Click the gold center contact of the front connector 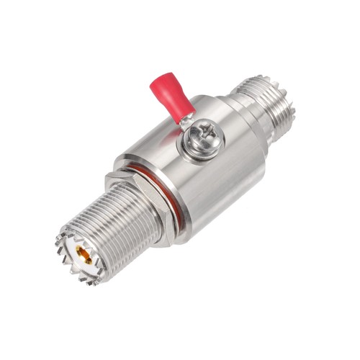(x=84, y=254)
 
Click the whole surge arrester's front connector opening (x=83, y=255)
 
